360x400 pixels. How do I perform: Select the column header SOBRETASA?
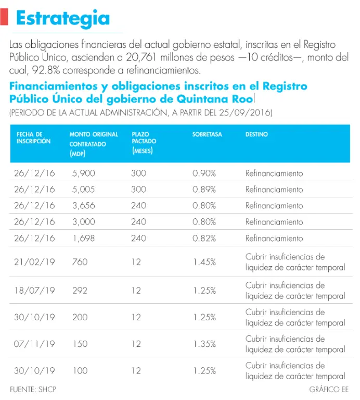(207, 134)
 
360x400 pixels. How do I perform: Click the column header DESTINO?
(256, 134)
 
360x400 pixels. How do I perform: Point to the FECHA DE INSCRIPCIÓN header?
(33, 138)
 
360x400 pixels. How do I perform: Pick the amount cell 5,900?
(83, 173)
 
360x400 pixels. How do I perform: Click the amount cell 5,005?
(83, 189)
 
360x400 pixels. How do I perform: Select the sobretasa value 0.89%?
(204, 189)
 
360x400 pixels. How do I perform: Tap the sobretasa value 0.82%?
(204, 238)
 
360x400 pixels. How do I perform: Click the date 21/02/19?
(34, 262)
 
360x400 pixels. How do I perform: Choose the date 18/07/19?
(34, 291)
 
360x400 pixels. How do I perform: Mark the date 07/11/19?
(34, 344)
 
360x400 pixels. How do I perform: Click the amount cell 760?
(80, 262)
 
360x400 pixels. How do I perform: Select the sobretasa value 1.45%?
(204, 262)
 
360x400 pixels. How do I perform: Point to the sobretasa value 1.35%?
(204, 344)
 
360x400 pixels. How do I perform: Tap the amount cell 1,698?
(83, 238)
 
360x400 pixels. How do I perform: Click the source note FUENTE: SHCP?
(33, 390)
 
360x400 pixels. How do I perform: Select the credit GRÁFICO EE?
(328, 390)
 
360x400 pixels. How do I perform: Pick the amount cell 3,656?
(83, 205)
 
